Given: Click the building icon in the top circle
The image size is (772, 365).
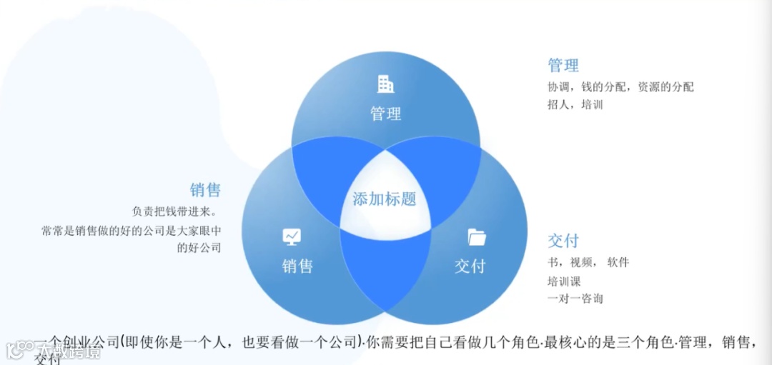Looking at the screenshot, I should (386, 84).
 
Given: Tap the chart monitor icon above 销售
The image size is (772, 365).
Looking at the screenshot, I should (292, 236).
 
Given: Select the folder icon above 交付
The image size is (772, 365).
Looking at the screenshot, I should (477, 236).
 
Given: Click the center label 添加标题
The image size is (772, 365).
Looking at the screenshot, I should (385, 199).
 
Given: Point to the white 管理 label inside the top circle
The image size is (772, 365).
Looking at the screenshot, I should (386, 114).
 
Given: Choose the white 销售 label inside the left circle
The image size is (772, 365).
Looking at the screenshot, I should (297, 266).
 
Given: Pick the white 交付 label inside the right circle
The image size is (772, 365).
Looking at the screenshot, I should (470, 266).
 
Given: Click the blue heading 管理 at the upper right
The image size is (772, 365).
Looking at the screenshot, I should (563, 66).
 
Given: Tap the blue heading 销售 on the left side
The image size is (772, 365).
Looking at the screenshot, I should (205, 190).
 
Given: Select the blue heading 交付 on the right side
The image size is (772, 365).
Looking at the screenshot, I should (563, 241).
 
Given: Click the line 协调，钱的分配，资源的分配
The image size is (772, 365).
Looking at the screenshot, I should (620, 87).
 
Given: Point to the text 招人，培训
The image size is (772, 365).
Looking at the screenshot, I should (575, 104).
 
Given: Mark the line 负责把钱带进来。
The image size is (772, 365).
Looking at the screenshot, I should (174, 212).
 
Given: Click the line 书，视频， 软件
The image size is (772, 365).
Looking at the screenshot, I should (588, 262).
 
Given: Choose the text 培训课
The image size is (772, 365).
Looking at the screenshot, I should (564, 281).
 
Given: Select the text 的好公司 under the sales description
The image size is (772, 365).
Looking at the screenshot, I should (199, 248).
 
